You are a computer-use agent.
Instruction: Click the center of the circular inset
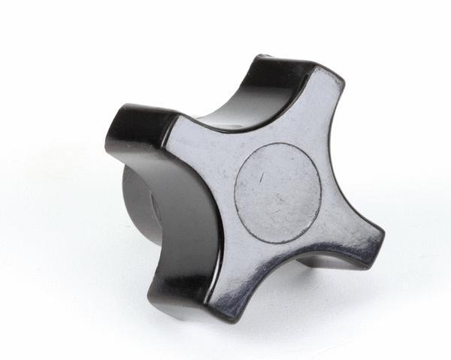pos(277,192)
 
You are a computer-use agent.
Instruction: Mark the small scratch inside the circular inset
pos(262,177)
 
